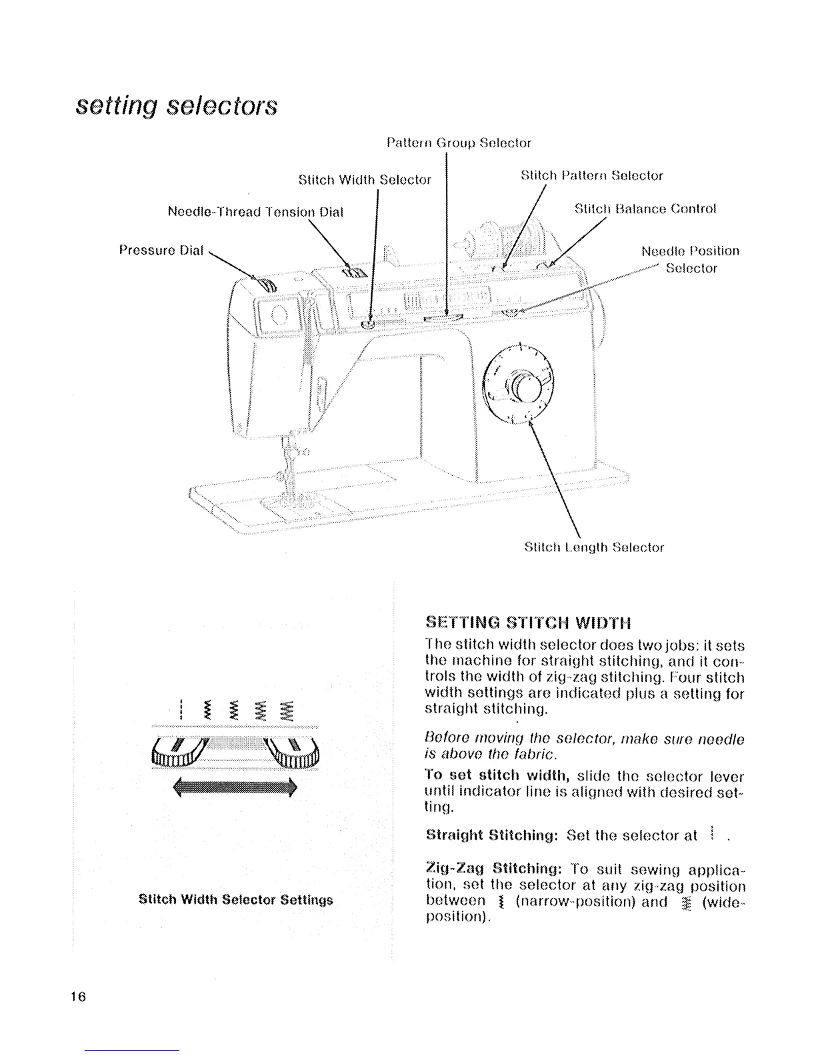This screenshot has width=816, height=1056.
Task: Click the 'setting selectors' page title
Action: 176,106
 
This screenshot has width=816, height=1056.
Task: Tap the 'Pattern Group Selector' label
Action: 459,143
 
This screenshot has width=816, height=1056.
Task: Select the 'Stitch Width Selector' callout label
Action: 364,180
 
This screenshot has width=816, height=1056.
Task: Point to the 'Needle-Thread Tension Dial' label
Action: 255,212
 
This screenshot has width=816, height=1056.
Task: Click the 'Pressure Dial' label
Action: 161,250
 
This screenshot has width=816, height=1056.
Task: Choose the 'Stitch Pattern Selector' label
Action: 591,176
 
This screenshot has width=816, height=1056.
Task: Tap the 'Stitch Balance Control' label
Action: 645,209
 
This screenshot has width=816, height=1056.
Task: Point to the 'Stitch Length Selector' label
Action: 594,547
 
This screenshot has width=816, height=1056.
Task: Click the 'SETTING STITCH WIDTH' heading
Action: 528,623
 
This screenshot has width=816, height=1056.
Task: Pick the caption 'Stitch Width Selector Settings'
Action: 235,899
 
